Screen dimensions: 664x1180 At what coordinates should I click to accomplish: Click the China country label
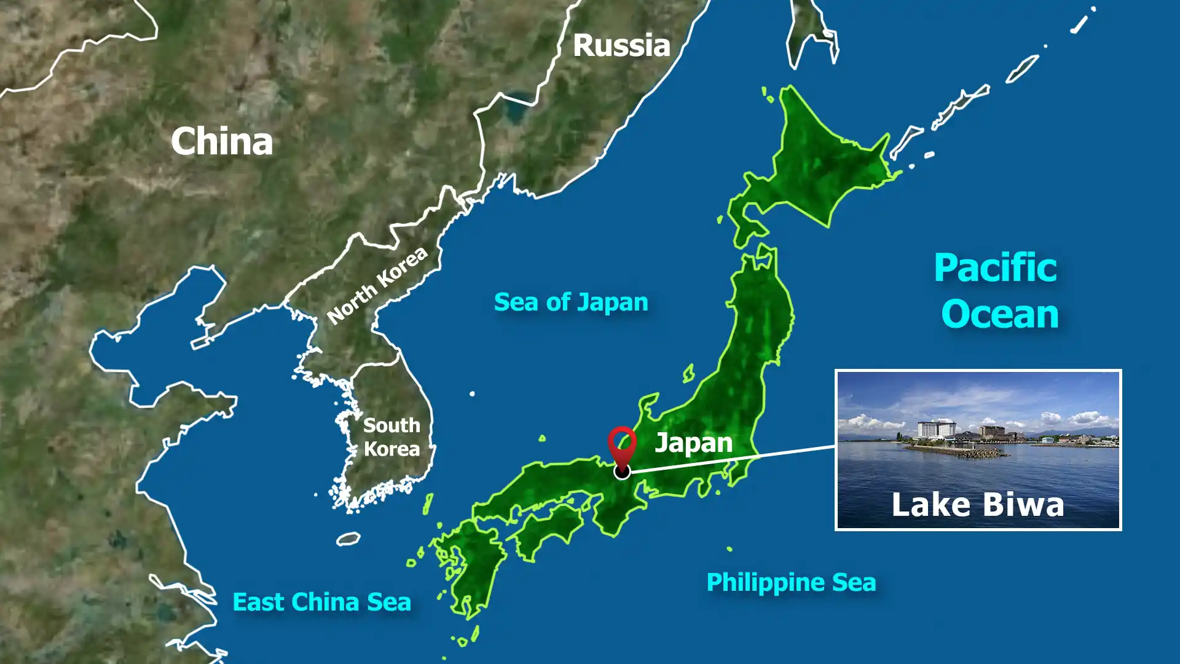click(222, 141)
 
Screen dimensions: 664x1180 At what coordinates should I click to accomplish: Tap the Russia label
click(621, 45)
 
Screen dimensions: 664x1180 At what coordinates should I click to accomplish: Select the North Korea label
click(377, 285)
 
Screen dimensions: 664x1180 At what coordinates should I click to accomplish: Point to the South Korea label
click(391, 437)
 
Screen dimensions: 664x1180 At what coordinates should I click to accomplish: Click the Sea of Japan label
click(571, 302)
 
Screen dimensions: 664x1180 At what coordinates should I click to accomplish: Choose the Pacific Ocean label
click(997, 291)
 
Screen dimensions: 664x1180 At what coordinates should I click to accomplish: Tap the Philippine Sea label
click(791, 582)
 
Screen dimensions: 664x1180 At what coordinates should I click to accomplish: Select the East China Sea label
click(321, 602)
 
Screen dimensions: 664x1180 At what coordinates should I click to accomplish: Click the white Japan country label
click(693, 443)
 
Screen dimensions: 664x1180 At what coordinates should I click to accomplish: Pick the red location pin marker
click(622, 444)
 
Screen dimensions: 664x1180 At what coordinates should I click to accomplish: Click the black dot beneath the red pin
click(622, 472)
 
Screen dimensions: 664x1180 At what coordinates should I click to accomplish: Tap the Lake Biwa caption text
click(977, 505)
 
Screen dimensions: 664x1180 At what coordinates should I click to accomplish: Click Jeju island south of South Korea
click(348, 539)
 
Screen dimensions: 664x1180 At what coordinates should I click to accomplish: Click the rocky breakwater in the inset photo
click(959, 453)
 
